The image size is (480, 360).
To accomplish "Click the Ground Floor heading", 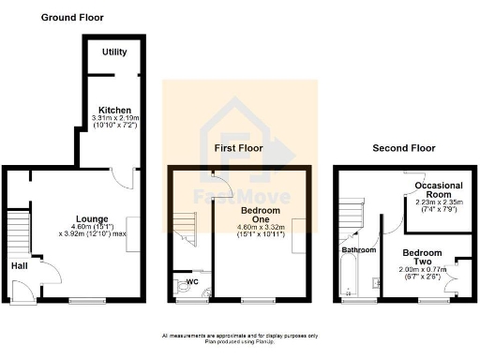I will tap(72, 17).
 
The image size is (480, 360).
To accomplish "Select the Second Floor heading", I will tap(404, 148).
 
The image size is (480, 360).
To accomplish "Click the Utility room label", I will tap(115, 52).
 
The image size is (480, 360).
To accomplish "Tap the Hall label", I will tap(19, 265).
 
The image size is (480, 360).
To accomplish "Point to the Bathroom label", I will tap(358, 250).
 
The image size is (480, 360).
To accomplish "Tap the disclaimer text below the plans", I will tap(240, 337).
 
